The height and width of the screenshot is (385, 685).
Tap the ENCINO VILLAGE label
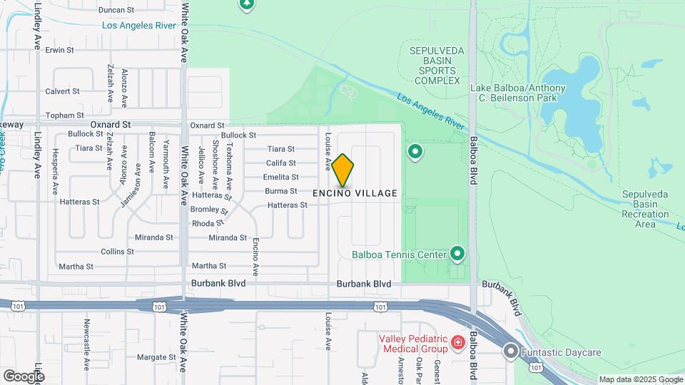pos(355,193)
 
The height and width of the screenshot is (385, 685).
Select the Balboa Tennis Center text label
pos(398,254)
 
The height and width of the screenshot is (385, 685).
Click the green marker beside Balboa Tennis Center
pos(457,254)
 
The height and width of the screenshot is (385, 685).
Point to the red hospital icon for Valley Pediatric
pos(457,343)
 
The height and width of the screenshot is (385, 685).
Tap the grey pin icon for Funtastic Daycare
pos(511,351)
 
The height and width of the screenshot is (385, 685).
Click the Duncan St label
pos(116,10)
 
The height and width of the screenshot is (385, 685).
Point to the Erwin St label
pos(60,50)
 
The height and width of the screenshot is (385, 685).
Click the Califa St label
pos(281,163)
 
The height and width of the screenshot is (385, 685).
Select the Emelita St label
pos(280,177)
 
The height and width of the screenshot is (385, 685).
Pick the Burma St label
pos(281,191)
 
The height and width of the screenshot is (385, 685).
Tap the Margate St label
pos(156,357)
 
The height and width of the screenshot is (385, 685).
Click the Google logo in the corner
pos(24,376)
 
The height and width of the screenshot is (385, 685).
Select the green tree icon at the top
pos(247,4)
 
